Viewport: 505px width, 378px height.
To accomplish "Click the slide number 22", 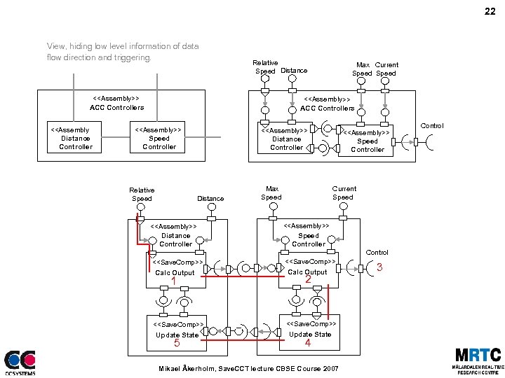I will coord(489,12).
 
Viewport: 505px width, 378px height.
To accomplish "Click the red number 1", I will coord(173,281).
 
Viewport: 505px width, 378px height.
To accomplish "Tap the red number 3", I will coord(380,267).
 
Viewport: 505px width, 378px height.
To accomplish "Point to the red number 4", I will coord(308,344).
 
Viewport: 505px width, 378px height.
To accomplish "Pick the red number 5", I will coord(177,344).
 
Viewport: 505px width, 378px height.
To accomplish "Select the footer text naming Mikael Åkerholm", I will coord(248,368).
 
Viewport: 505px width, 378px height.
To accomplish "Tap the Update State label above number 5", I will coord(177,335).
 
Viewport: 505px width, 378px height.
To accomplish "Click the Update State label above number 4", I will coord(310,334).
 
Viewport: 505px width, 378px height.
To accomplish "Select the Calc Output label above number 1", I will coord(175,272).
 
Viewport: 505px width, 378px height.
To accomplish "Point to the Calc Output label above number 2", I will coord(307,272).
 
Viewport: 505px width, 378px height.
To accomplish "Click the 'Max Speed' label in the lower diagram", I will coord(271,193).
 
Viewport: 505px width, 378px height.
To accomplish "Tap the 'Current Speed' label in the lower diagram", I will coord(344,193).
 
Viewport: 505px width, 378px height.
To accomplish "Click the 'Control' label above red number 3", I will coord(377,252).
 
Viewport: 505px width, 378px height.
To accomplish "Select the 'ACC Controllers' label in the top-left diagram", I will coord(116,108).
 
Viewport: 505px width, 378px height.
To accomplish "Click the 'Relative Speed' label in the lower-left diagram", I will coord(142,194).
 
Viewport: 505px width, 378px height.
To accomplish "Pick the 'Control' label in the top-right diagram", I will coord(432,126).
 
